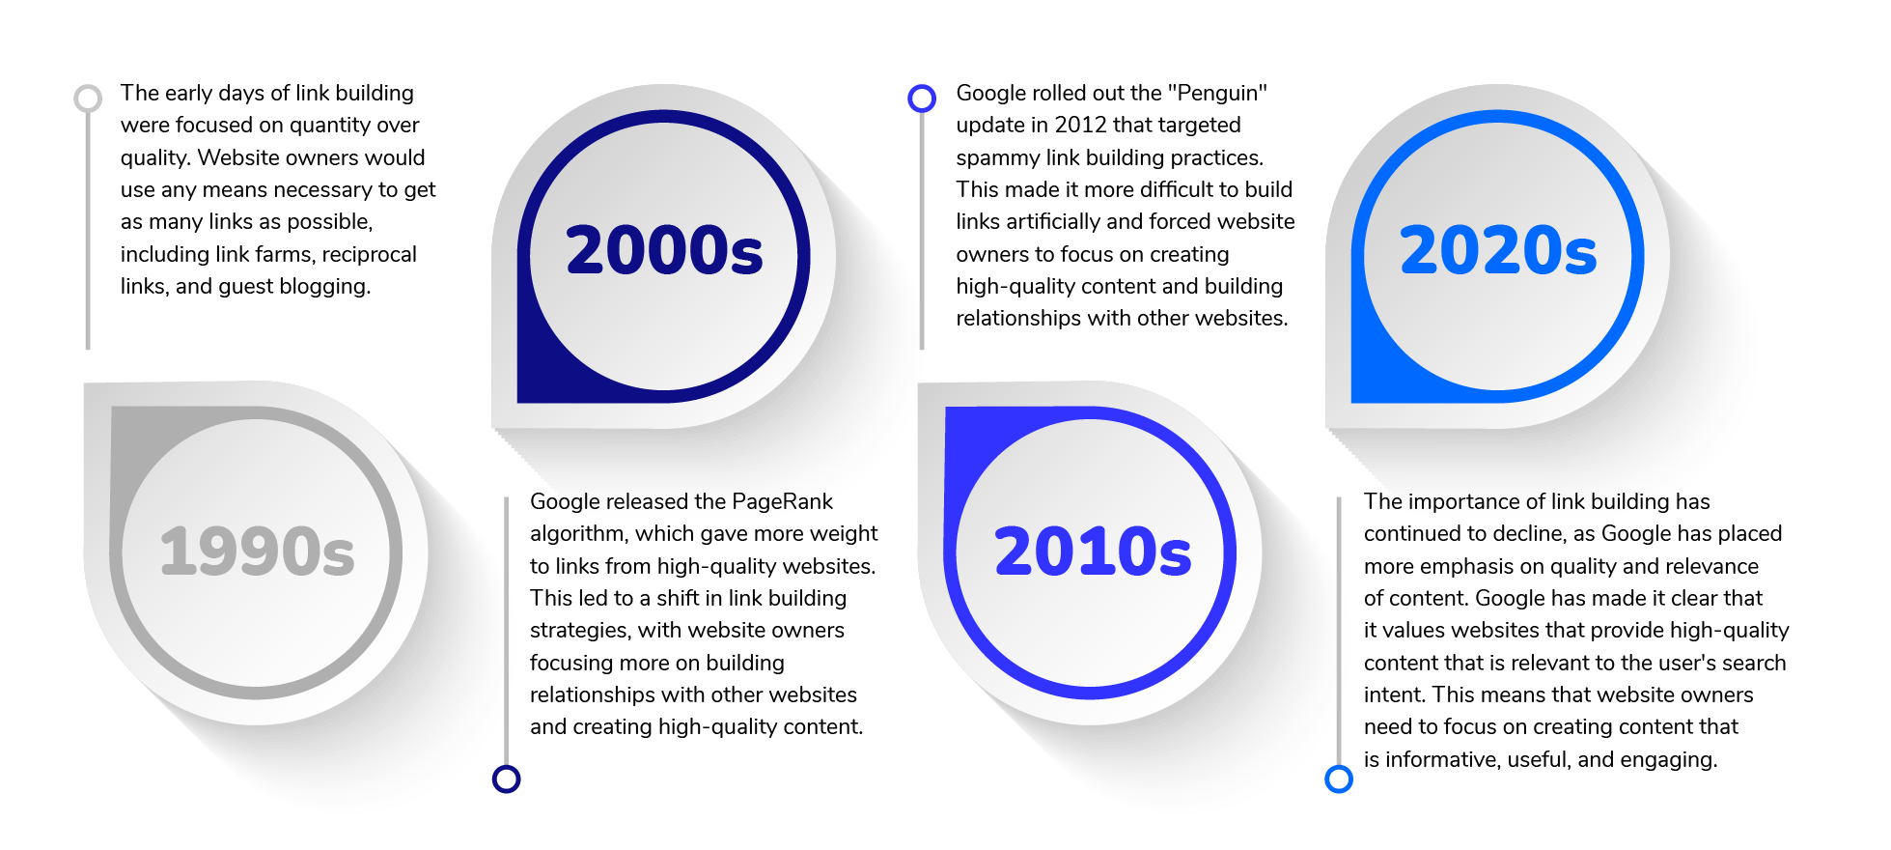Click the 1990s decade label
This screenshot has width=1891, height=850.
coord(257,552)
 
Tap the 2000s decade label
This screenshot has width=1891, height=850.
coord(664,250)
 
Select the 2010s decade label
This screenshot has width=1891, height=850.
coord(1093,552)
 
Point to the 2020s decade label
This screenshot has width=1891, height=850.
coord(1498,250)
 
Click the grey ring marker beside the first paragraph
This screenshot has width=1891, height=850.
coord(88,98)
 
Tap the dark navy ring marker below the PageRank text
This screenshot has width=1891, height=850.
coord(506,779)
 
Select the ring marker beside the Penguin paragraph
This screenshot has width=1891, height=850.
coord(922,98)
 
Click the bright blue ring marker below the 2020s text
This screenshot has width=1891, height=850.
coord(1339,779)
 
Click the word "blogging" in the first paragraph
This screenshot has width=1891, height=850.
coord(324,287)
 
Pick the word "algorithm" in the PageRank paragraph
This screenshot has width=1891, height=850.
coord(576,534)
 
